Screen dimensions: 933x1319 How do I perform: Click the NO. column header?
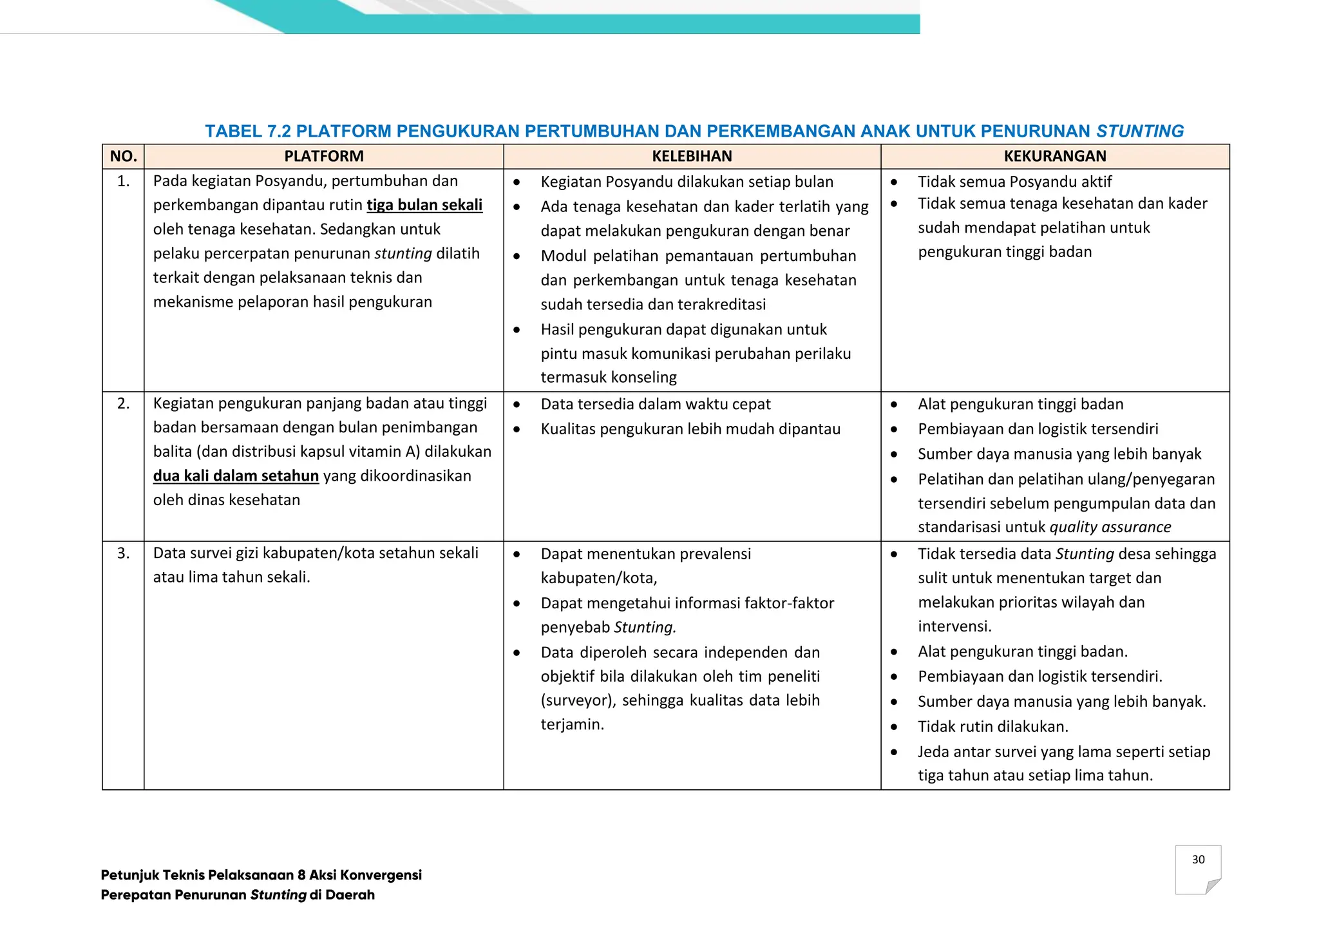coord(123,157)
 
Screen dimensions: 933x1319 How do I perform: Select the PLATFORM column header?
coord(324,157)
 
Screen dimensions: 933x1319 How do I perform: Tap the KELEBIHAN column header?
coord(692,157)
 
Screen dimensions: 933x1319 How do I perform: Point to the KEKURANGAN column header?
coord(1055,157)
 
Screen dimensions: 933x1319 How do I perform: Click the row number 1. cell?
coord(123,182)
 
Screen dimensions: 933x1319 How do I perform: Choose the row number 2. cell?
coord(123,404)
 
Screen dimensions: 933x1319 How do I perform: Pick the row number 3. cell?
coord(123,553)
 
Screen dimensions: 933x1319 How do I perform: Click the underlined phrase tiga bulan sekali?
coord(424,206)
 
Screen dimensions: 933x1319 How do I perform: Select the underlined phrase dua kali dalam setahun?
coord(236,476)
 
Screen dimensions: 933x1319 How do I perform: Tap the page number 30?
coord(1198,860)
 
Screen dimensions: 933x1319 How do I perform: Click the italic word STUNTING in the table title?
coord(1140,131)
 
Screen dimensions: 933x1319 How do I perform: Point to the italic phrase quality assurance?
coord(1110,527)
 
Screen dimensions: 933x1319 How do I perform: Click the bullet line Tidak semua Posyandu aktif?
coord(1014,182)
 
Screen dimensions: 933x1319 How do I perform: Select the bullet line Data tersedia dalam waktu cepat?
coord(655,405)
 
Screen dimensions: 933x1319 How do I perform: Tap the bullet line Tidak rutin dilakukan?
coord(992,727)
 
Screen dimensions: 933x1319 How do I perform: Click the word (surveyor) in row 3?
coord(578,701)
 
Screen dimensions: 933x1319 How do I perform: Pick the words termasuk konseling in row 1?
coord(608,378)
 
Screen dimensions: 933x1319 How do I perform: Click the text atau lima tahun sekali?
coord(231,577)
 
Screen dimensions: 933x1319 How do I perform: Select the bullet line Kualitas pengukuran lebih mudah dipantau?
coord(690,429)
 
